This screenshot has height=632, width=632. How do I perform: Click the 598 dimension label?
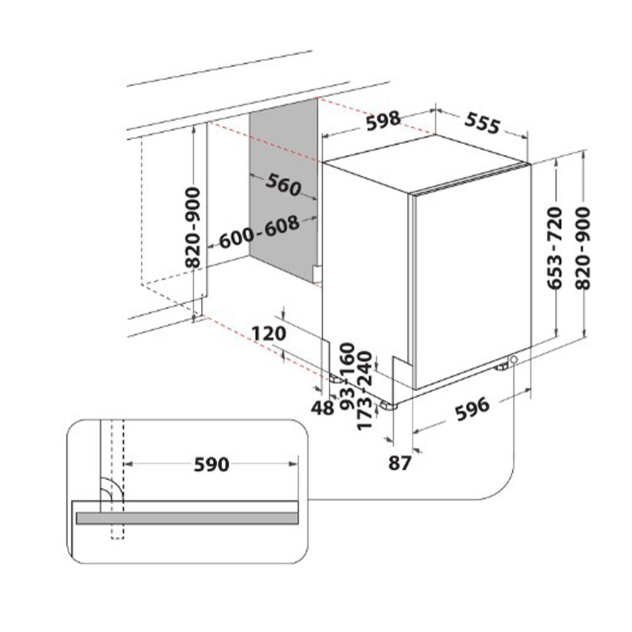(383, 121)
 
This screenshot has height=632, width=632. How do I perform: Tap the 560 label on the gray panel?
(283, 185)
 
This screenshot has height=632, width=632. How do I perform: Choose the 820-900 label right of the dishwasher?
(583, 249)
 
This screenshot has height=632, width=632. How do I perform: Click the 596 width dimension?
(472, 409)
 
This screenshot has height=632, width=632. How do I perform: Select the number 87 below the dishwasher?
(399, 463)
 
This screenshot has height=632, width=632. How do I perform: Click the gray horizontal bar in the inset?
(187, 518)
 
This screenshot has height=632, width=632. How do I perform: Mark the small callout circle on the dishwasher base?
(513, 360)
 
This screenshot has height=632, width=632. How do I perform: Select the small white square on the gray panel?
(317, 274)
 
